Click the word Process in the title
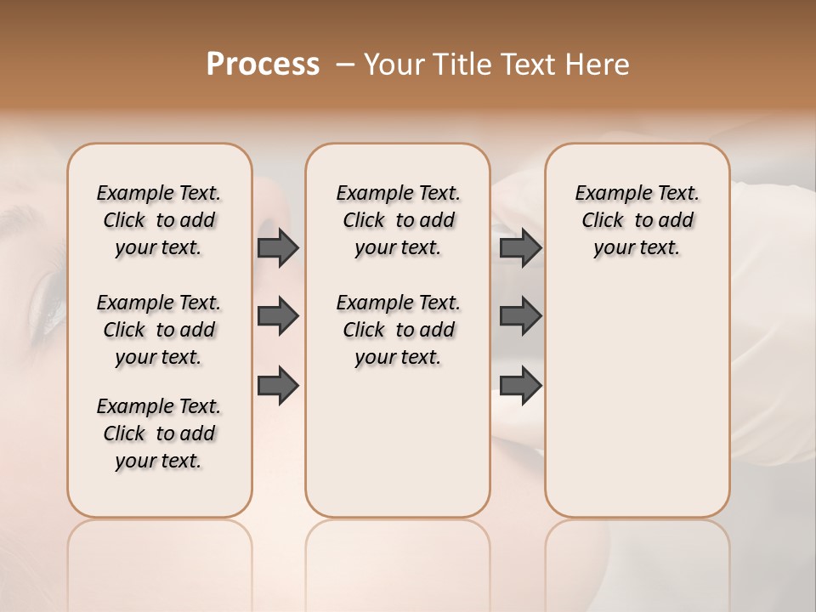click(x=263, y=65)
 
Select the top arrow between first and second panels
click(x=277, y=247)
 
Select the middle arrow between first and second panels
click(x=277, y=316)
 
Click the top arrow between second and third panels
click(x=520, y=247)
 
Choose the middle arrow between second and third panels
click(x=520, y=316)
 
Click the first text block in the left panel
click(x=159, y=220)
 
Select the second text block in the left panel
click(x=159, y=330)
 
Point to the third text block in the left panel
click(x=159, y=433)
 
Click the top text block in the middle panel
click(x=398, y=220)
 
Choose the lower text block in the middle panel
click(x=398, y=330)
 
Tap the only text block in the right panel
click(x=637, y=220)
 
